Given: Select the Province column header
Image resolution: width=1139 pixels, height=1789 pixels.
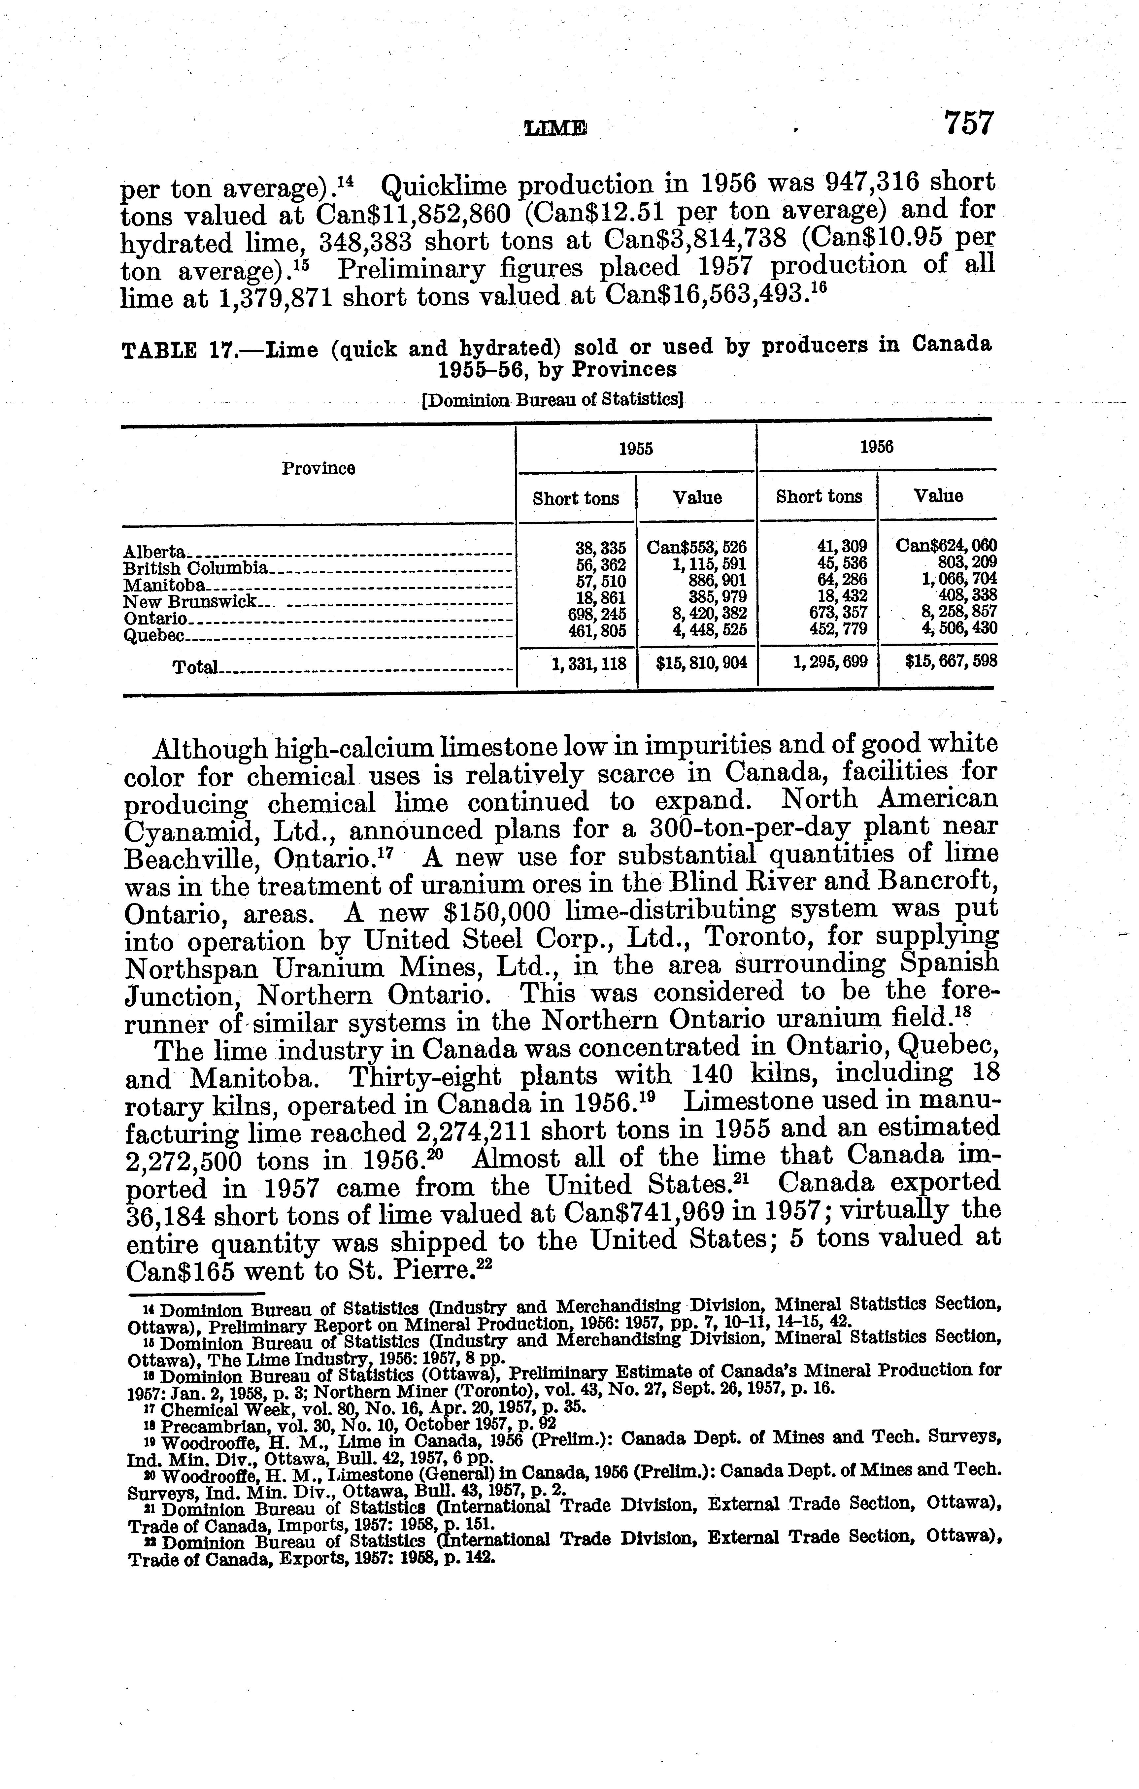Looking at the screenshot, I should click(318, 468).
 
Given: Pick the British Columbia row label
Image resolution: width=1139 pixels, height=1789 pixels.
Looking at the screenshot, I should click(195, 568).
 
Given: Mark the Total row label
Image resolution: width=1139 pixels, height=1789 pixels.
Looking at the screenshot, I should click(195, 667).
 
